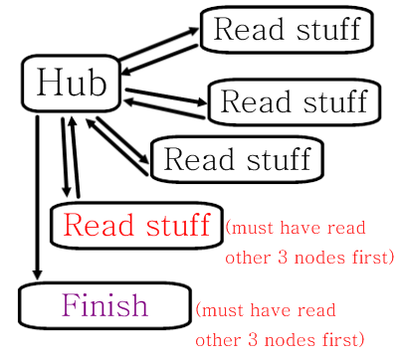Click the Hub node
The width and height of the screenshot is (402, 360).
click(71, 84)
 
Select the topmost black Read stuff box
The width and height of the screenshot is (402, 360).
click(287, 30)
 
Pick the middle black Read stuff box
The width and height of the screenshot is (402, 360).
click(293, 101)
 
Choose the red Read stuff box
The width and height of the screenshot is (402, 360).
click(135, 226)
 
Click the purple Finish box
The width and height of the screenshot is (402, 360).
click(104, 305)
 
